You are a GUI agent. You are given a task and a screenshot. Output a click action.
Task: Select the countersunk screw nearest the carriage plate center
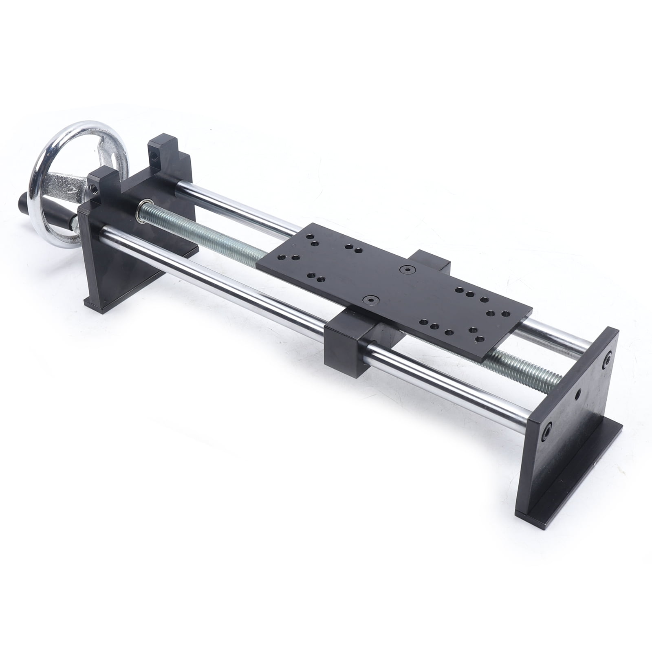pos(406,269)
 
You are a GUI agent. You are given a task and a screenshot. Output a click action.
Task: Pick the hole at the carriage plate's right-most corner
pos(505,313)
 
